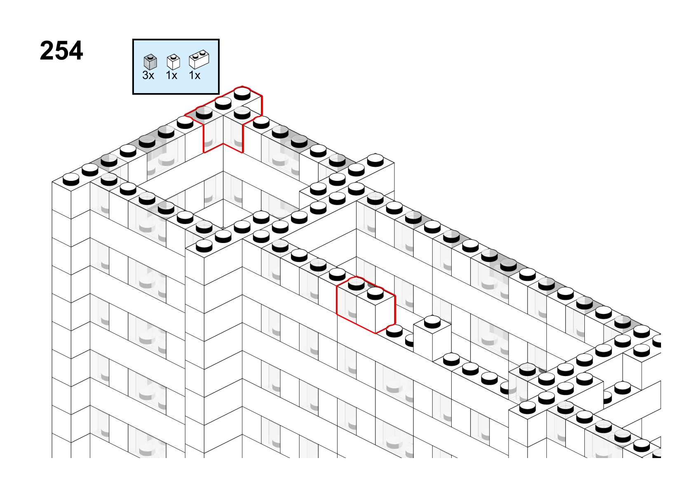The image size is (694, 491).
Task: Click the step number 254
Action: coord(61,50)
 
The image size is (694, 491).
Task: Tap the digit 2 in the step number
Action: coord(47,50)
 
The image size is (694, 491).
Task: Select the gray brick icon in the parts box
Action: coord(150,62)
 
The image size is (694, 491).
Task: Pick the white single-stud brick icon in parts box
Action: coord(173,62)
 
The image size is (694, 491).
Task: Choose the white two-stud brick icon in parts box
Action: coord(199,59)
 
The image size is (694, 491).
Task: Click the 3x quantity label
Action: coord(148,75)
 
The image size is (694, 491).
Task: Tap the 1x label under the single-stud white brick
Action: coord(171,75)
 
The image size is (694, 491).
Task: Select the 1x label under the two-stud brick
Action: coord(195,75)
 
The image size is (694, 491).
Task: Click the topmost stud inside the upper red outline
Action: coord(242,94)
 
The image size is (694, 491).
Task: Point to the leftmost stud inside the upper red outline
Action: coord(204,113)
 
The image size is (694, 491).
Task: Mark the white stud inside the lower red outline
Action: coord(375,293)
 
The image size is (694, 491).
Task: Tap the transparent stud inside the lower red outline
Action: coord(356,283)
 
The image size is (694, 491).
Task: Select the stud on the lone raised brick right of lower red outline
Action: coord(432,322)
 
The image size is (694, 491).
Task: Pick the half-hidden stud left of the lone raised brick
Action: coord(409,341)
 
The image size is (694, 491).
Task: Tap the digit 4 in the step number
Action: coord(76,50)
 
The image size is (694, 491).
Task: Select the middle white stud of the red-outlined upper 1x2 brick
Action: coord(223,103)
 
